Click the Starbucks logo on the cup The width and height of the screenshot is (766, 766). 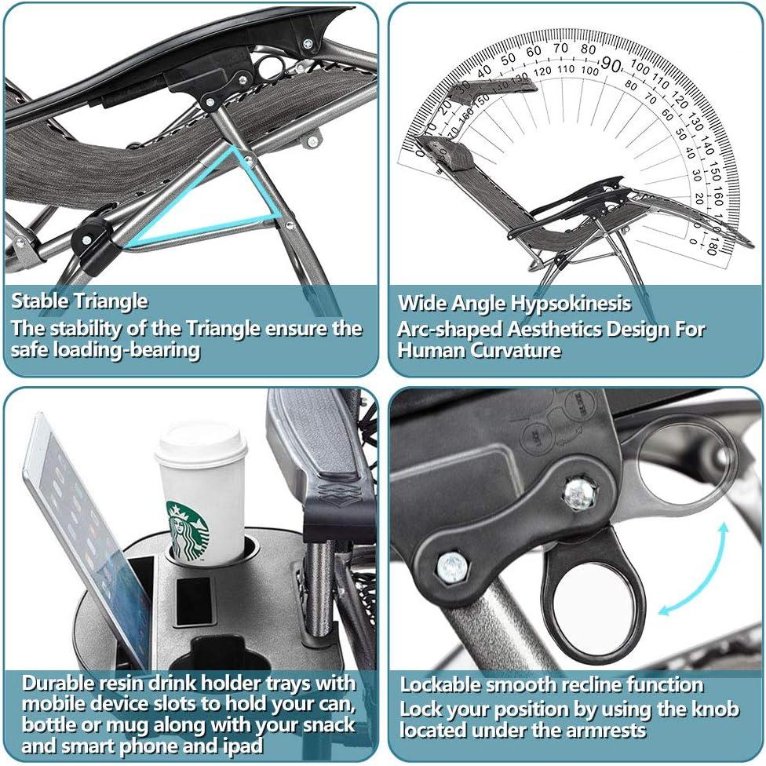188,530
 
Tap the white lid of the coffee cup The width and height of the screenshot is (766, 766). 200,441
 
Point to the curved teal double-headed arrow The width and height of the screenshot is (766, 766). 694,569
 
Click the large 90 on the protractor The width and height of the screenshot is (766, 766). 611,64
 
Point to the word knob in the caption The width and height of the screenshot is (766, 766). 717,708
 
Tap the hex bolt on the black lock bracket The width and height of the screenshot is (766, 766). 452,566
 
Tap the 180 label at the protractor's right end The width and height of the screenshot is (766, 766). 711,247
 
